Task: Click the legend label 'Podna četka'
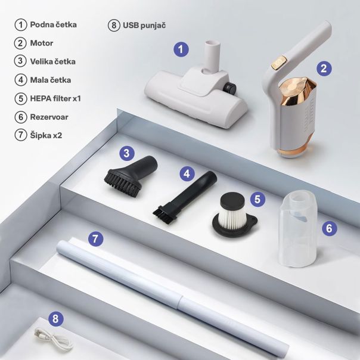click(x=53, y=24)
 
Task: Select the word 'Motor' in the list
click(x=42, y=43)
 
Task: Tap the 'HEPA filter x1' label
click(x=55, y=98)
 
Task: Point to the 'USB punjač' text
click(x=144, y=25)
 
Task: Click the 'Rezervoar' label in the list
click(x=49, y=117)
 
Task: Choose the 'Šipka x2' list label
click(x=46, y=135)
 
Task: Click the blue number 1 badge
click(x=181, y=49)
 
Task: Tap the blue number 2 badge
click(x=324, y=69)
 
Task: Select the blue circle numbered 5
click(x=257, y=199)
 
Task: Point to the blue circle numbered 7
click(x=95, y=238)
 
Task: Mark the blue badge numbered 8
click(x=55, y=319)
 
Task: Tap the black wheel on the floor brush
click(x=230, y=88)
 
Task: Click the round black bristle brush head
click(x=123, y=182)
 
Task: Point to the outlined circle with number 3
click(x=20, y=61)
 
